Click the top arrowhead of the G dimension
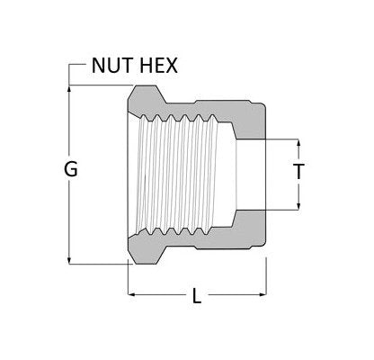[70, 88]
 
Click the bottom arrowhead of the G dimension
[70, 260]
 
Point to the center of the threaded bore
[180, 174]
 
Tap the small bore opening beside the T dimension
[252, 174]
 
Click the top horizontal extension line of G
[99, 85]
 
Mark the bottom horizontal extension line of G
[99, 264]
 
